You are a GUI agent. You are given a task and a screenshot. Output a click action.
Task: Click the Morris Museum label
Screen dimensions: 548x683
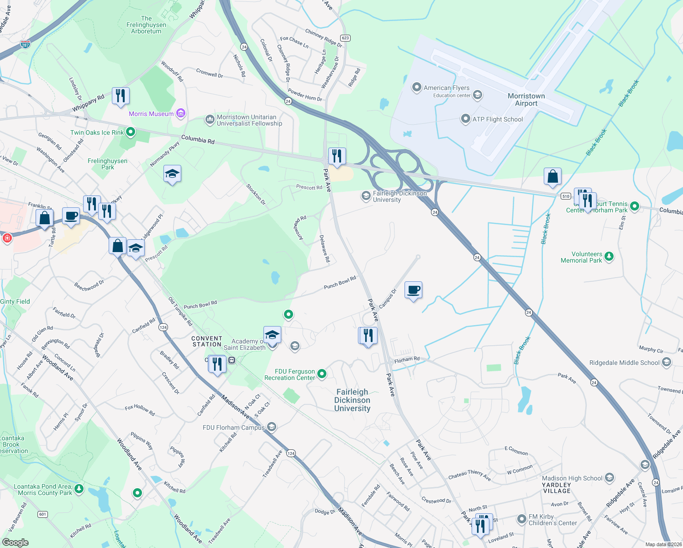(x=151, y=114)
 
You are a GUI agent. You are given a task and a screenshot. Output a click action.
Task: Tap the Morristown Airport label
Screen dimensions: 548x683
(x=526, y=100)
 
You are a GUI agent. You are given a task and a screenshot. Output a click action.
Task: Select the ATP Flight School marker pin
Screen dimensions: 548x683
(x=465, y=119)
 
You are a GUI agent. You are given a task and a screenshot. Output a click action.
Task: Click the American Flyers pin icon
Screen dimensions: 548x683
(x=416, y=87)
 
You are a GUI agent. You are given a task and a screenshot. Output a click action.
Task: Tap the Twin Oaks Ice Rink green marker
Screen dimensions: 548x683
(x=131, y=132)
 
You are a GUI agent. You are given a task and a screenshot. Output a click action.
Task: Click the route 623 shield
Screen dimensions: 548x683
(x=345, y=38)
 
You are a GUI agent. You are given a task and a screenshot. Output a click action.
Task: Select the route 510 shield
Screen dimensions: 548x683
(x=566, y=196)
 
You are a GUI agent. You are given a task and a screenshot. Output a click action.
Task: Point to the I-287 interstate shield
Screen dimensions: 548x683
(x=26, y=45)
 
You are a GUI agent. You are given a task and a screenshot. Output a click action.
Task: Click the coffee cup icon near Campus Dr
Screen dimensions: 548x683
(x=414, y=290)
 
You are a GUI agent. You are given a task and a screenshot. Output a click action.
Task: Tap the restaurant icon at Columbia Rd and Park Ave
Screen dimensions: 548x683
(x=337, y=156)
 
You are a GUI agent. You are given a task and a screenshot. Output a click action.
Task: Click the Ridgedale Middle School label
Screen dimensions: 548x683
(x=624, y=363)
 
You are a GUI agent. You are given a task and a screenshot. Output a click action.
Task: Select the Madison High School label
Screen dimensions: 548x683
(x=572, y=478)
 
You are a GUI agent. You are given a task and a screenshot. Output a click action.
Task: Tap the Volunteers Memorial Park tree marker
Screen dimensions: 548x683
(x=609, y=256)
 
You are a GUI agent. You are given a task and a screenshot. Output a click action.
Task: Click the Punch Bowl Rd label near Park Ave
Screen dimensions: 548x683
(x=340, y=283)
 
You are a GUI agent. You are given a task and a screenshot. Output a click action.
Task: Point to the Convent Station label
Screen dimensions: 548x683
(x=207, y=341)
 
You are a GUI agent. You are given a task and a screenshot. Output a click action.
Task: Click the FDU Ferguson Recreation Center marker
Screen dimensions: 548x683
(x=322, y=374)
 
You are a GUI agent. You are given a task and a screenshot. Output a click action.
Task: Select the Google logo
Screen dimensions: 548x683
(x=16, y=543)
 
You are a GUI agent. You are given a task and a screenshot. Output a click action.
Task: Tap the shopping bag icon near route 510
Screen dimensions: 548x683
(x=552, y=176)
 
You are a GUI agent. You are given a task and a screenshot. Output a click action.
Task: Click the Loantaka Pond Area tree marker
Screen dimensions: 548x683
(x=79, y=489)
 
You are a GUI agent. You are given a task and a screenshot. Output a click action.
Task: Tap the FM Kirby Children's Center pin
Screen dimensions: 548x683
(x=522, y=519)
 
